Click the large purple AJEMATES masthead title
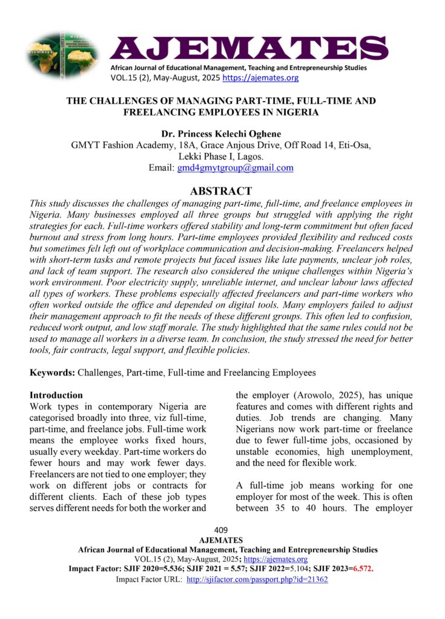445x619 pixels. [x=248, y=48]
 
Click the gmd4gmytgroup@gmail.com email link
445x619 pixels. [x=235, y=168]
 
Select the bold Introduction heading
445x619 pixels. [x=56, y=395]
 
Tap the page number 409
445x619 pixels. [x=222, y=530]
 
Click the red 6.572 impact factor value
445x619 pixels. [x=363, y=569]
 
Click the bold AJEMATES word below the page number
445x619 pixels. [x=222, y=540]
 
